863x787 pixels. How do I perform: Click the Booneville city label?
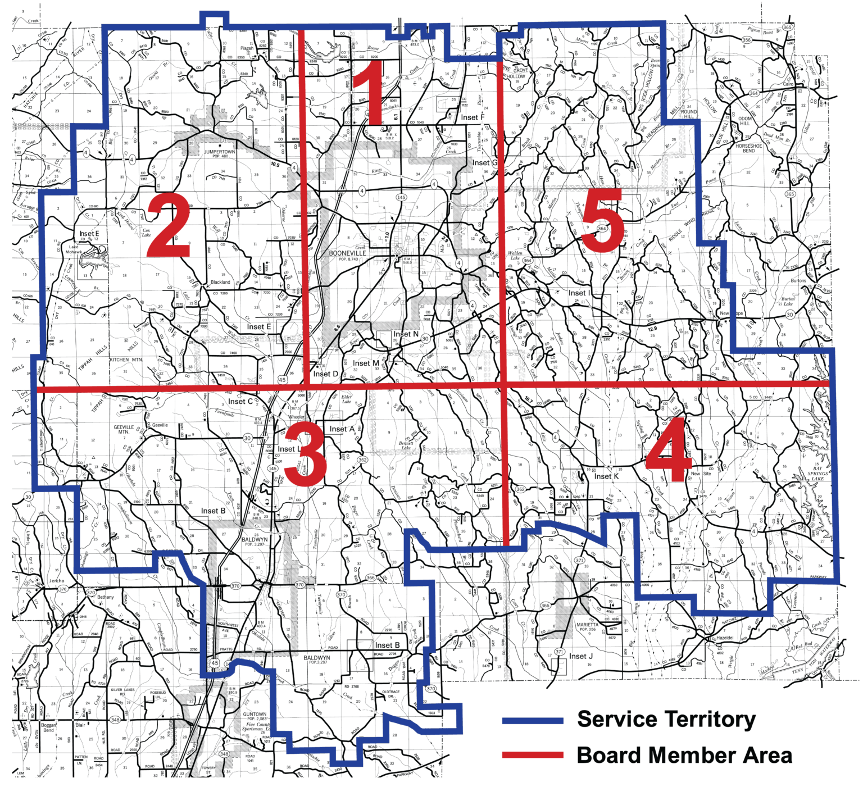(x=347, y=253)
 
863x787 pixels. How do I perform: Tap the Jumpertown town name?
(x=220, y=152)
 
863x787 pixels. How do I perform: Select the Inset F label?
(x=473, y=117)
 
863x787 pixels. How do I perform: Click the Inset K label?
(x=606, y=476)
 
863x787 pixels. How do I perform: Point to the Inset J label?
(x=581, y=656)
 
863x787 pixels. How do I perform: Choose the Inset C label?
(x=240, y=402)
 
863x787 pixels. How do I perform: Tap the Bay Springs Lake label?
(x=817, y=473)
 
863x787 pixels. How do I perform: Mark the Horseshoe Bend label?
(x=749, y=148)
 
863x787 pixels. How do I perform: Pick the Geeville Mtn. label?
(x=124, y=429)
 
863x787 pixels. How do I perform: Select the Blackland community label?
(x=220, y=282)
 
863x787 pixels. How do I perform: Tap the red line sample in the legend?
(x=532, y=756)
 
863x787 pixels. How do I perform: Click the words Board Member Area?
(x=684, y=756)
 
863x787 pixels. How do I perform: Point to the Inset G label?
(x=484, y=163)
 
